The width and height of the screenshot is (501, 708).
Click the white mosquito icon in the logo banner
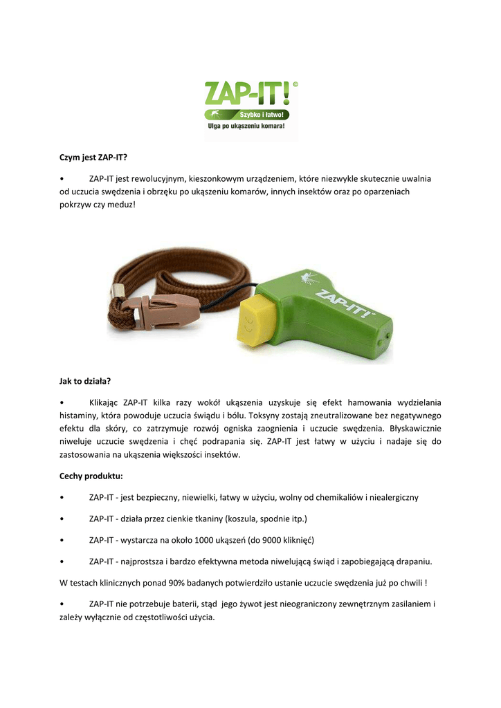click(214, 113)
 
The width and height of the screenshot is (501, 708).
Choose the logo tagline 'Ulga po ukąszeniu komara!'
click(247, 127)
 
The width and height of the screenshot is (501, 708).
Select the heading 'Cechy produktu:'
click(91, 476)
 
